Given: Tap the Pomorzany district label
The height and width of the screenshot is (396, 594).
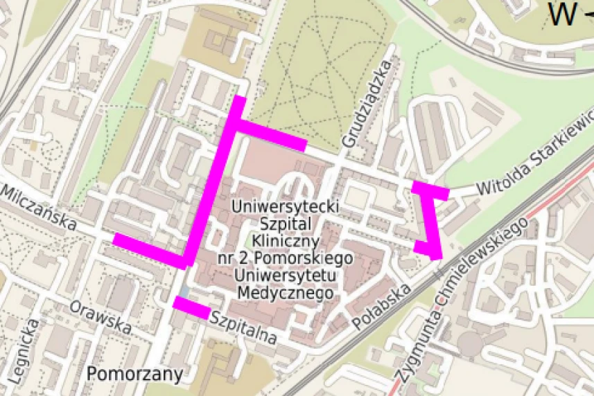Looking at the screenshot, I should [x=135, y=375].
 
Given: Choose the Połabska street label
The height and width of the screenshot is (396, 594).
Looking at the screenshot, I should [x=381, y=305].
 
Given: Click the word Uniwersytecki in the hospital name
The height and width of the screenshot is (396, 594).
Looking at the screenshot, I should [x=285, y=206].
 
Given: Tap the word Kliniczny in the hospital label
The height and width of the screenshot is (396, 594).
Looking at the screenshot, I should [x=285, y=241].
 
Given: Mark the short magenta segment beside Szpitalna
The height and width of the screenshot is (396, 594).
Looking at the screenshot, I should [x=191, y=307].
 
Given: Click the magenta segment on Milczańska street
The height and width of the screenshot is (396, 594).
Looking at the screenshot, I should [x=148, y=250].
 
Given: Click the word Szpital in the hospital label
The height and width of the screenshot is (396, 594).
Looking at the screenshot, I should [x=285, y=224].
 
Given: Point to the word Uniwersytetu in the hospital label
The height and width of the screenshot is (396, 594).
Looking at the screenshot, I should [x=286, y=276].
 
